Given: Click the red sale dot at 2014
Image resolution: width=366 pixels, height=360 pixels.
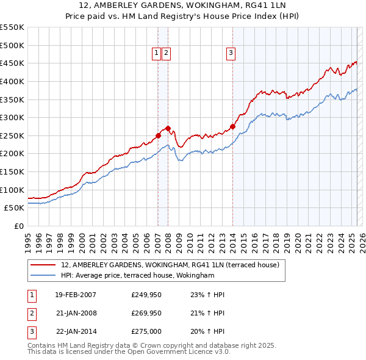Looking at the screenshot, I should (232, 126).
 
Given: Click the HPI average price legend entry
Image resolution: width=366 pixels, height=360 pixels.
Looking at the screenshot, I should (138, 275).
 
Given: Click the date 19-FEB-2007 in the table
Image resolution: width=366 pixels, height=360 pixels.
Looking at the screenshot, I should (76, 295).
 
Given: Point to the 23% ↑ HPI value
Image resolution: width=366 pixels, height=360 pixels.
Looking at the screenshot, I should (208, 295).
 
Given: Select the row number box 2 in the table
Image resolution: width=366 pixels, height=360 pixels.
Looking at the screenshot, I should (31, 312).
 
